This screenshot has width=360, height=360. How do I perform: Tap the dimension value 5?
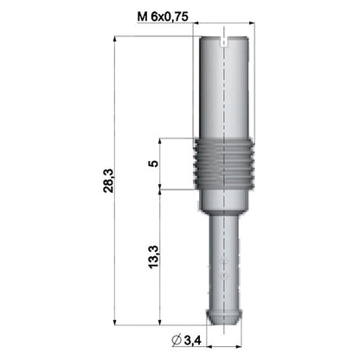[152, 164]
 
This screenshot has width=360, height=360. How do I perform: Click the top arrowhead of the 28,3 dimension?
[116, 40]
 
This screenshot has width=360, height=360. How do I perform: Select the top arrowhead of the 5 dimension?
[159, 141]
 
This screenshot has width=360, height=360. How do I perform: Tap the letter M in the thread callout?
[143, 17]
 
